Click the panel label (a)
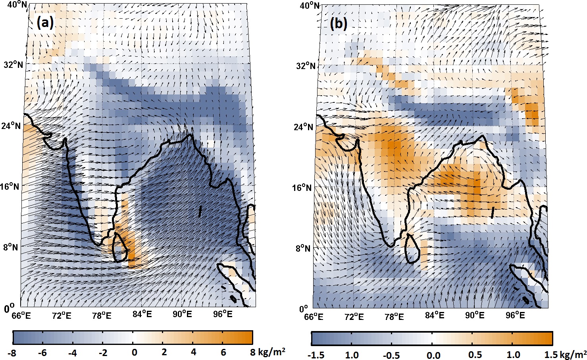(x=44, y=23)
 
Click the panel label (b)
(x=339, y=24)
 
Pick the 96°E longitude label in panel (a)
(x=223, y=314)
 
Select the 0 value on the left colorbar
(x=135, y=352)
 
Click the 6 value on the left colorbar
(x=223, y=352)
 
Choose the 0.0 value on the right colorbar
(x=433, y=354)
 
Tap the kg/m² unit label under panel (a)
(x=271, y=352)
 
